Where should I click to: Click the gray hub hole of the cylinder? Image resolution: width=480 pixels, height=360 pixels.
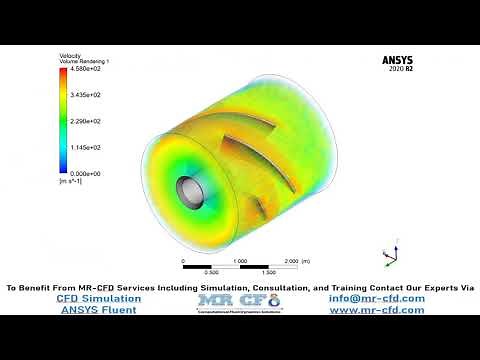click(x=187, y=189)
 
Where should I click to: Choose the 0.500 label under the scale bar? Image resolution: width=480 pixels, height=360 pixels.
click(x=211, y=272)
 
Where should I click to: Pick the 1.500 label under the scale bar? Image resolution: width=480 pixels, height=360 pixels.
click(x=268, y=272)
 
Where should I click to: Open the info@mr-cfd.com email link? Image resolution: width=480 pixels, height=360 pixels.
click(x=376, y=298)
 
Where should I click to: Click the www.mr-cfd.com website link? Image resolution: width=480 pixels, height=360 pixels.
click(x=377, y=310)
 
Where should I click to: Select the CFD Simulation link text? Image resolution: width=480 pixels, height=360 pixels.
click(x=98, y=298)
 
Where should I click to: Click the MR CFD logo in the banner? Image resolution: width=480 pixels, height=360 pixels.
click(x=240, y=301)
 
